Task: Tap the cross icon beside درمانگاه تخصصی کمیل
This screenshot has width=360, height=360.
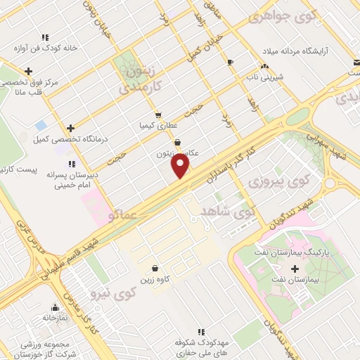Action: (x=70, y=128)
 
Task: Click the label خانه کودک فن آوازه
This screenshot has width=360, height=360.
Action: (x=46, y=49)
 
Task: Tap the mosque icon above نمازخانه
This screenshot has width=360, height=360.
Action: (x=56, y=307)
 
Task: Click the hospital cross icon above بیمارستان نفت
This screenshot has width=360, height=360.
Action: (x=295, y=269)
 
